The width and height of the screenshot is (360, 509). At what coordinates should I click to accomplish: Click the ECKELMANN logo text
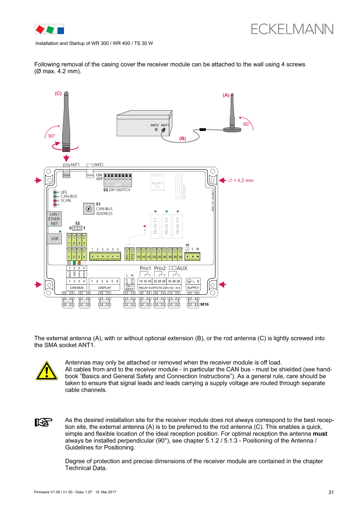pos(292,29)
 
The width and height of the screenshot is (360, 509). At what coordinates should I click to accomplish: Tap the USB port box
pos(54,239)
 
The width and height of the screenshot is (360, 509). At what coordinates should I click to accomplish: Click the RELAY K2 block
pos(166,225)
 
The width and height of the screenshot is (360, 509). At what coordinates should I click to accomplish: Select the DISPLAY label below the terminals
pos(104,288)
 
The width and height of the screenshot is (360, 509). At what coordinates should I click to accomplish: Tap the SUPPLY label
pos(193,288)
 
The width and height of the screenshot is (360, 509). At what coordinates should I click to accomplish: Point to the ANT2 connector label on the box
pos(155,125)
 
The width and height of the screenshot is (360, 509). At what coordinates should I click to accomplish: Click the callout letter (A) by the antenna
pos(226,95)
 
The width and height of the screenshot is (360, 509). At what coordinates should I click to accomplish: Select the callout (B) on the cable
pos(183,138)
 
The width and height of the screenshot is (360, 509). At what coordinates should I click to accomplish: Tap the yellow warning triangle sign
pos(47,371)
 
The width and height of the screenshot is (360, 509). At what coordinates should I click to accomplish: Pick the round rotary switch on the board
pos(88,209)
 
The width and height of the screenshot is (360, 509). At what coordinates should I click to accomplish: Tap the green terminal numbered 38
pos(180,254)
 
